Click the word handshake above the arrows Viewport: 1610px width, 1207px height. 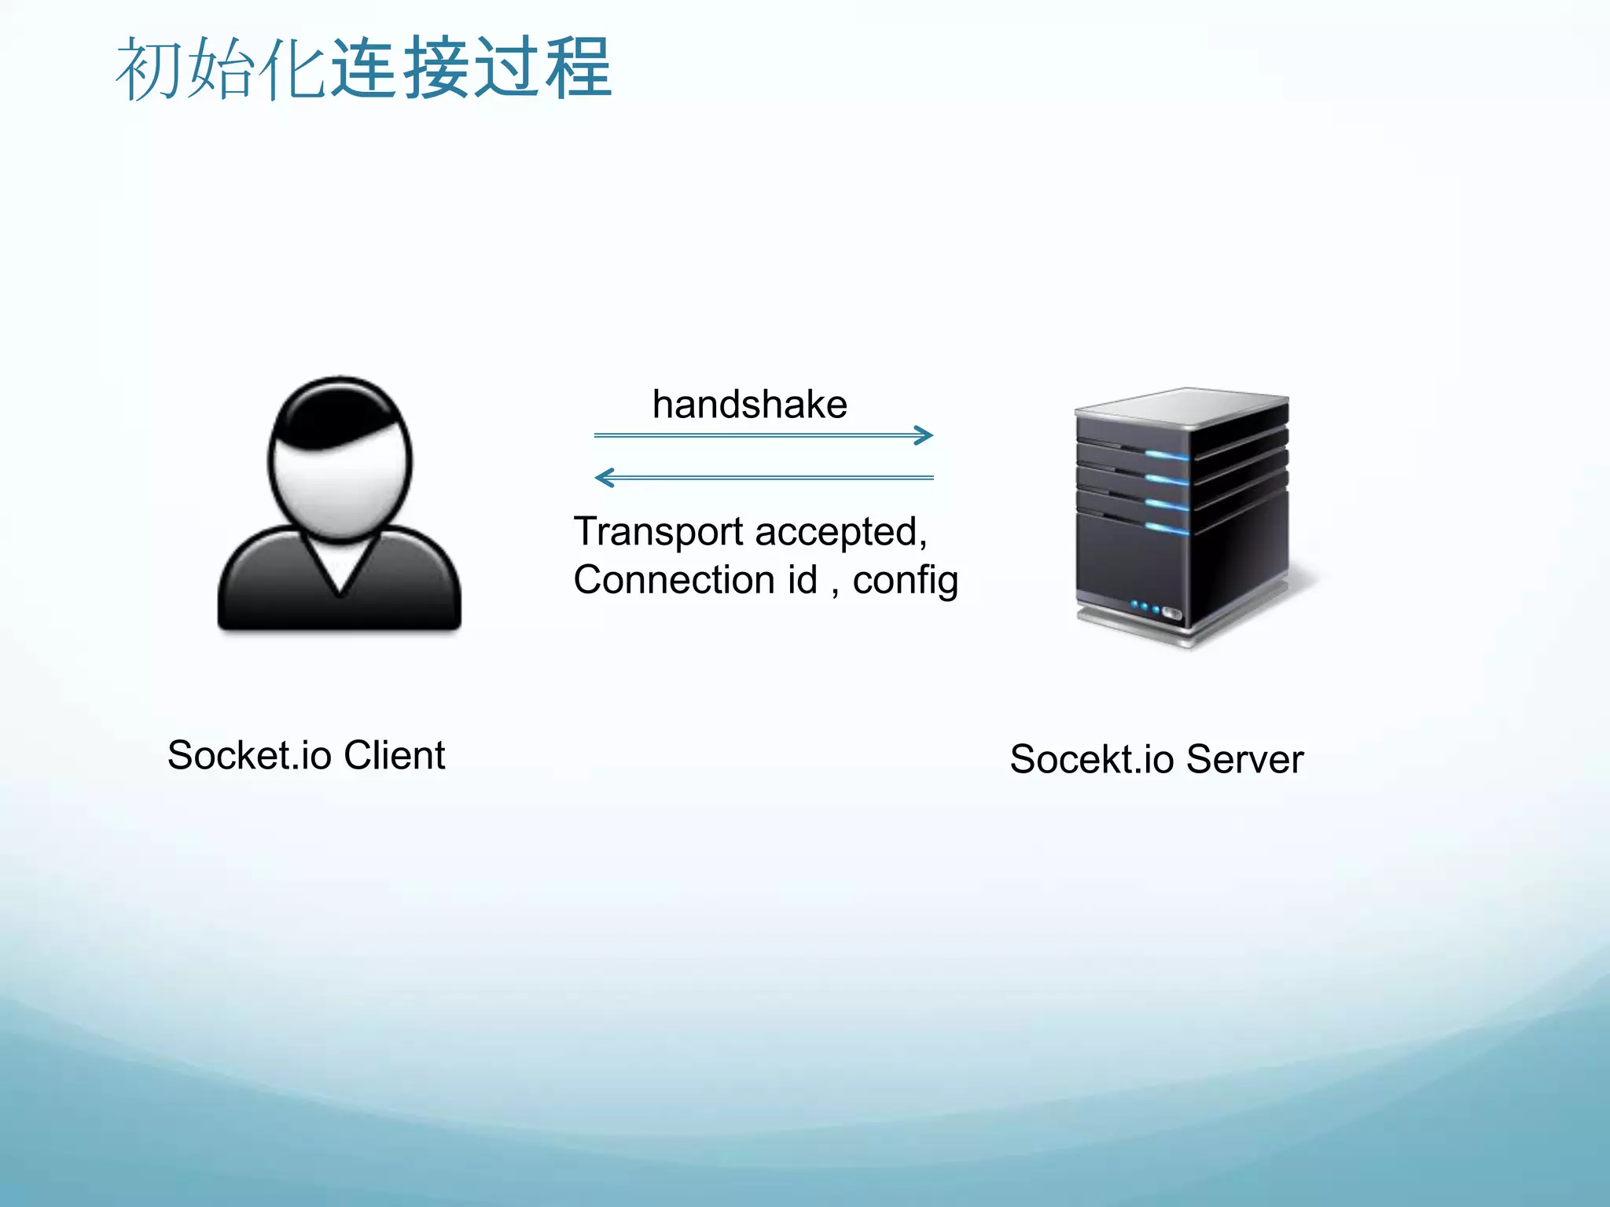tap(749, 405)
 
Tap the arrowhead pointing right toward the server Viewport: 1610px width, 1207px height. tap(924, 435)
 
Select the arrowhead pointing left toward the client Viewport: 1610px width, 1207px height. tap(604, 477)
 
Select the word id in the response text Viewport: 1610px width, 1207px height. tap(802, 580)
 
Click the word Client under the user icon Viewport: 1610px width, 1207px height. tap(394, 756)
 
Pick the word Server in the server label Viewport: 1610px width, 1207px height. tap(1244, 760)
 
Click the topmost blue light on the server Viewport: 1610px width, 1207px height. tap(1167, 455)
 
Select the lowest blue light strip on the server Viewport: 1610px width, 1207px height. tap(1167, 528)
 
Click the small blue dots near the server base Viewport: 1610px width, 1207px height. tap(1145, 607)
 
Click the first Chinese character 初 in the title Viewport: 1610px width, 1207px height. tap(149, 69)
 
